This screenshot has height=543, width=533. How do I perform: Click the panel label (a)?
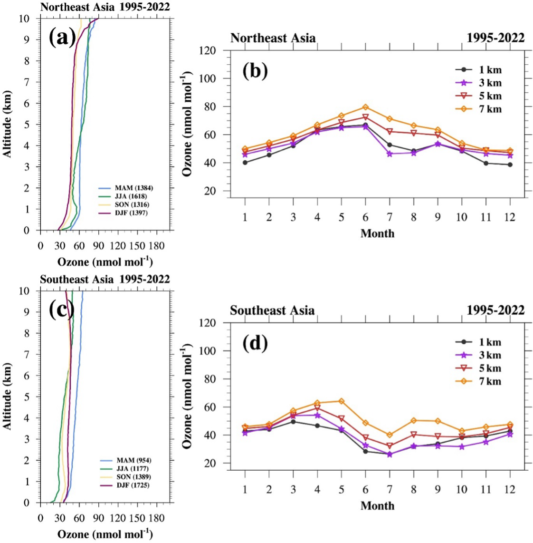click(62, 37)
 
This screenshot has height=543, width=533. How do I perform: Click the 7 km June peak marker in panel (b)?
click(365, 107)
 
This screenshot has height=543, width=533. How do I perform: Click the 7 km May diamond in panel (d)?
click(341, 401)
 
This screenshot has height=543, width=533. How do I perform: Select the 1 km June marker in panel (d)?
click(365, 451)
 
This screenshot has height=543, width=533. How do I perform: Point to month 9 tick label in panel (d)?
click(438, 490)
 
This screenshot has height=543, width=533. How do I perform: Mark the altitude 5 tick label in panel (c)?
click(33, 397)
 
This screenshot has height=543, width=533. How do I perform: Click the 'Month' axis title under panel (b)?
click(377, 233)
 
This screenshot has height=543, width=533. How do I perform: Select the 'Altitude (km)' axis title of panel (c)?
click(8, 397)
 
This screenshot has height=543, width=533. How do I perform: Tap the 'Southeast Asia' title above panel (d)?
click(272, 310)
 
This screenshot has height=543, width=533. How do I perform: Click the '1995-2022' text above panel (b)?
click(495, 38)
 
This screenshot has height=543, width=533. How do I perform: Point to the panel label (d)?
click(255, 343)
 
